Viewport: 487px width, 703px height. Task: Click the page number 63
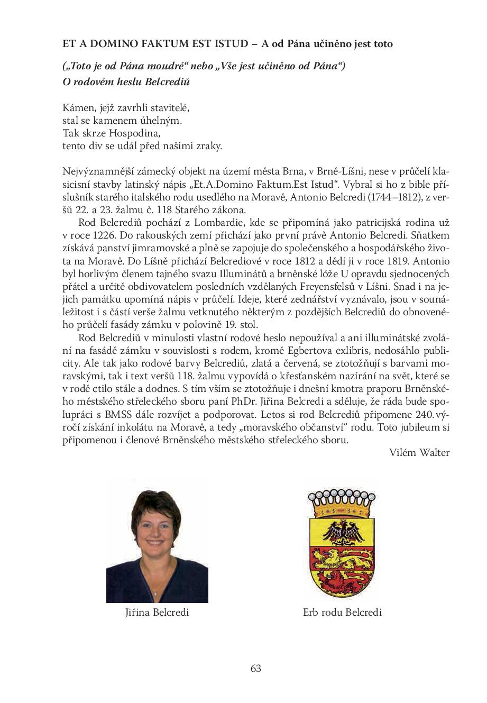256,668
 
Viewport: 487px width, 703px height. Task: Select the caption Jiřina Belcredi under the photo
157,613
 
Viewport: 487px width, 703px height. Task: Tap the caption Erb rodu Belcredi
342,613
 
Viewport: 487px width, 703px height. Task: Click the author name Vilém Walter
419,452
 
